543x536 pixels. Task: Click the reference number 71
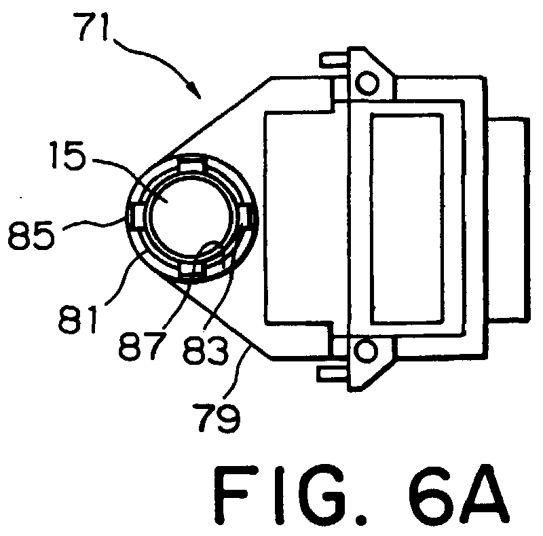click(94, 27)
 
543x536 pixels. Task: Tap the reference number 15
click(67, 155)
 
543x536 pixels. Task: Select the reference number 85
click(31, 235)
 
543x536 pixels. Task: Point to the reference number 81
click(77, 319)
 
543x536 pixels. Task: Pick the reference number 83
click(206, 350)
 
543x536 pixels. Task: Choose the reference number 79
click(217, 416)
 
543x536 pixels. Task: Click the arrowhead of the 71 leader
click(195, 92)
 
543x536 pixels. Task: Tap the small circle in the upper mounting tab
click(367, 83)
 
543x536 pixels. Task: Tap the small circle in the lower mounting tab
click(365, 351)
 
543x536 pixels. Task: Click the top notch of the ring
click(191, 164)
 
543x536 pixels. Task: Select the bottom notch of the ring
click(193, 270)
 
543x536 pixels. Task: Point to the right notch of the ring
click(248, 219)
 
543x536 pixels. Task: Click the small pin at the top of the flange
click(334, 59)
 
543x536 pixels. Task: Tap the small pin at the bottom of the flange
click(333, 374)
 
